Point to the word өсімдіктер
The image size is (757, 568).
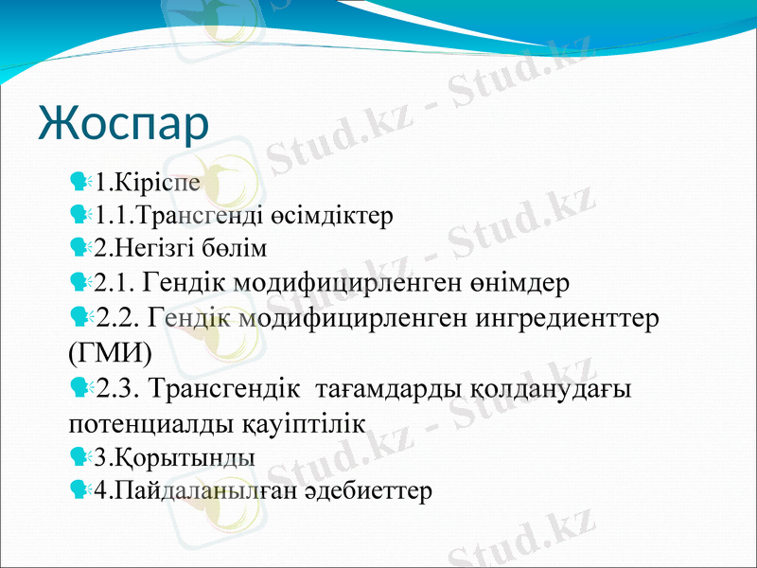pyautogui.click(x=326, y=214)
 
